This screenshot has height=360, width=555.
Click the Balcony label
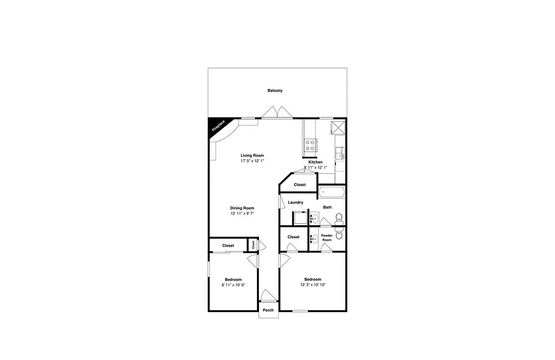275,91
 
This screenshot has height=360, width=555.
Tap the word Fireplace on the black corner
218,126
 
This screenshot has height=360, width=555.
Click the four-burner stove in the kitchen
310,145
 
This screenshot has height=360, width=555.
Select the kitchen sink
340,153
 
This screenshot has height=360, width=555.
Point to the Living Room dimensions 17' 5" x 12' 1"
252,161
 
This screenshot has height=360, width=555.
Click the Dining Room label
242,208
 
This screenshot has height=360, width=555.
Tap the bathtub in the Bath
331,193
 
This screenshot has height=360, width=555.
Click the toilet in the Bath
339,218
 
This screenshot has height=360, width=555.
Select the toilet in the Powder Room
339,235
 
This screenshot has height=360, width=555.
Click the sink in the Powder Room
313,240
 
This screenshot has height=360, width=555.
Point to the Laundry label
295,203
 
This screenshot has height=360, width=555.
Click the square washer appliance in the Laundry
300,218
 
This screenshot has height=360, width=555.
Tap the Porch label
268,311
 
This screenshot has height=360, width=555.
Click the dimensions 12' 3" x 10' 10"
313,285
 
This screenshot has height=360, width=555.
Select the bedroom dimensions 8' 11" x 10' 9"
234,285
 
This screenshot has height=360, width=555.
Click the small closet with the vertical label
253,245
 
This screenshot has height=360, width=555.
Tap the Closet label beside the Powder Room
293,237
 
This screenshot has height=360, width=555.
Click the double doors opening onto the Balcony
277,112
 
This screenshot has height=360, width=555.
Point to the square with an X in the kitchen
338,128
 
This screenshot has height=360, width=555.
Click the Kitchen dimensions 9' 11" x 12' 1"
316,168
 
